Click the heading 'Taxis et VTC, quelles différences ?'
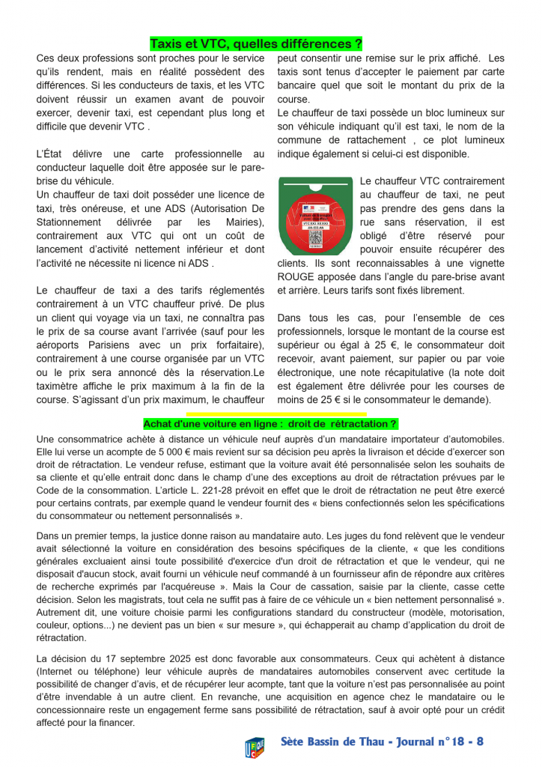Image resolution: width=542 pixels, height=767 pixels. click(257, 43)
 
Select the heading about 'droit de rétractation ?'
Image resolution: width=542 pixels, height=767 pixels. click(270, 424)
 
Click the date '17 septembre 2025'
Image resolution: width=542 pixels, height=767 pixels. click(143, 658)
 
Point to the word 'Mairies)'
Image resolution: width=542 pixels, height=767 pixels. click(243, 222)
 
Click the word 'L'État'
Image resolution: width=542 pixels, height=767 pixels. click(51, 154)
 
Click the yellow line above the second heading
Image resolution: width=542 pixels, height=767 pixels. click(276, 413)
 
